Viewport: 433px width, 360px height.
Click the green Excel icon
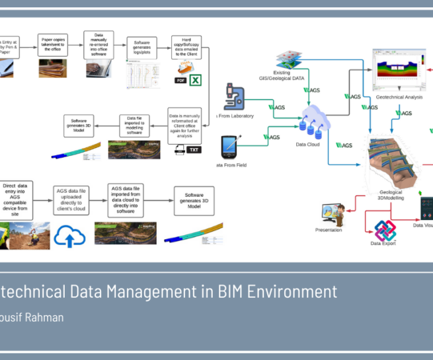click(x=196, y=81)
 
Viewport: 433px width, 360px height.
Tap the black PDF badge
click(x=180, y=81)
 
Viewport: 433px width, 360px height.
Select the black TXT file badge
click(x=194, y=149)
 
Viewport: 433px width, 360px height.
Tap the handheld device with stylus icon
click(x=230, y=146)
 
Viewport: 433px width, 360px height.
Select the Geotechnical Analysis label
click(x=399, y=97)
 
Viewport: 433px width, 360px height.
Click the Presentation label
click(x=329, y=230)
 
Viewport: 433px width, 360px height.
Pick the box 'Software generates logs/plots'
click(x=141, y=47)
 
